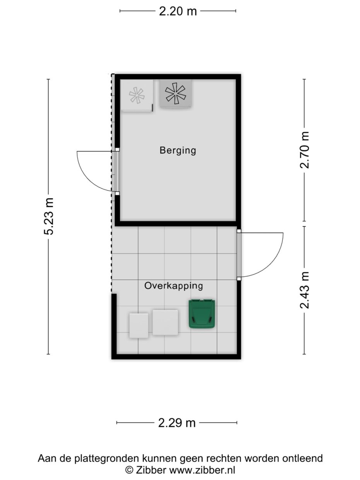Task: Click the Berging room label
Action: point(178,150)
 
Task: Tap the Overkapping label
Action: point(173,286)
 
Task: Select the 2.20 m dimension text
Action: point(178,11)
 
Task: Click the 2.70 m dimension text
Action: point(305,150)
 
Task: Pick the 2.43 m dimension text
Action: point(305,290)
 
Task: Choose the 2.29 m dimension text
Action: point(177,423)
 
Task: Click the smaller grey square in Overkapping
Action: point(139,326)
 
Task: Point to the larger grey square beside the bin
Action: point(165,322)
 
